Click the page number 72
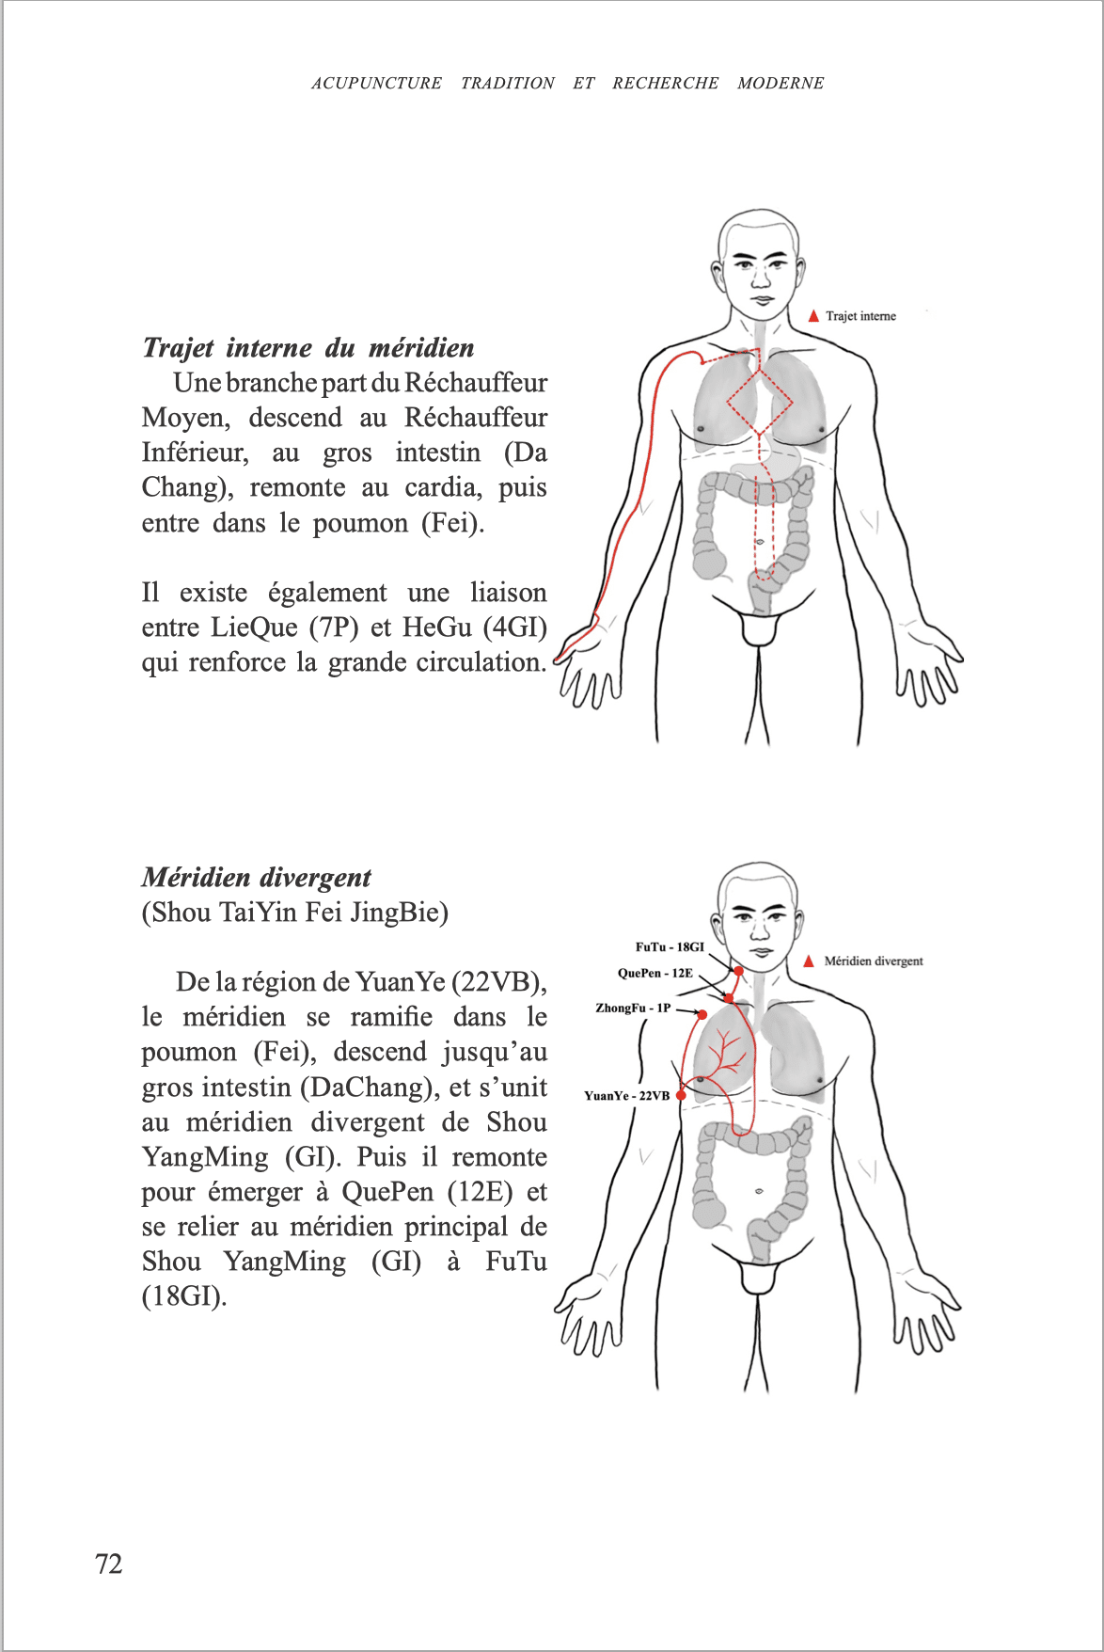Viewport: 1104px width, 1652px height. [109, 1564]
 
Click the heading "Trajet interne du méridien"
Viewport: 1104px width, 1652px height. [308, 348]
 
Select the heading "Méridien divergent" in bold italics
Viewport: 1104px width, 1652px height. [256, 878]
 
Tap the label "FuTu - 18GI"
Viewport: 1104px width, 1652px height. [670, 947]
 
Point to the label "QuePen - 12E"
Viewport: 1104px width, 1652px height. [655, 974]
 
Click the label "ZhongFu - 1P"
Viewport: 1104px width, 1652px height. [633, 1009]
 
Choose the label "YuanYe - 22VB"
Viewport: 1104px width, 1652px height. [626, 1096]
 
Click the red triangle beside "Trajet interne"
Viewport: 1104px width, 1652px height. [813, 316]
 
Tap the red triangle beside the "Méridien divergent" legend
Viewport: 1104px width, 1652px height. [809, 961]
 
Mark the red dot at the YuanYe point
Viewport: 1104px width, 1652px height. [682, 1095]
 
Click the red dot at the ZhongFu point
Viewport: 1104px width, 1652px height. [702, 1014]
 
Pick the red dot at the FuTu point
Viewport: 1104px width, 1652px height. [739, 971]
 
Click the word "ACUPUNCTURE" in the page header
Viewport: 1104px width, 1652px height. [376, 83]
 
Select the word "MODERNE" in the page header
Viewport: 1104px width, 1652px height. [781, 83]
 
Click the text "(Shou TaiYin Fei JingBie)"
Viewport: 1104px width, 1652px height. [294, 913]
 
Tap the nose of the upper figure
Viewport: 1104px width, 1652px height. [760, 279]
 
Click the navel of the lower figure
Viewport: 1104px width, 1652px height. [760, 1192]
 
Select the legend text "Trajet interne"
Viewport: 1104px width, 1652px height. [860, 316]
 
